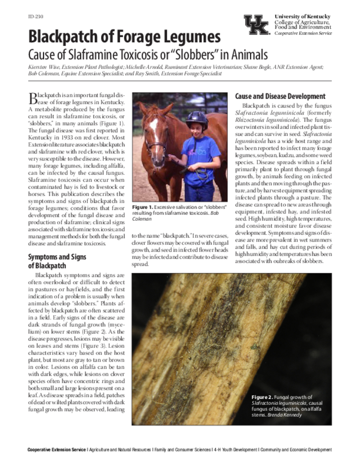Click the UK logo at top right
(x=257, y=25)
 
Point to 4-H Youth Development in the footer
(x=235, y=450)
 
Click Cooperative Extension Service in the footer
(x=56, y=450)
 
